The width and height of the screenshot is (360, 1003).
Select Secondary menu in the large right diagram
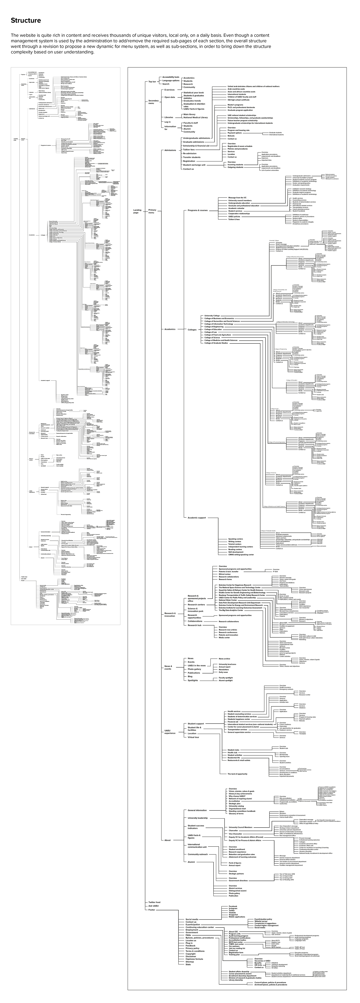(x=153, y=102)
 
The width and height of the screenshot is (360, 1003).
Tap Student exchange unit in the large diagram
(x=194, y=165)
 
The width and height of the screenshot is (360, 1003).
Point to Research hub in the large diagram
(x=194, y=625)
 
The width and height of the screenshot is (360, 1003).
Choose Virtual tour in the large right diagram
(x=193, y=737)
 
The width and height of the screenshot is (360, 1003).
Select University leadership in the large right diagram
(x=197, y=818)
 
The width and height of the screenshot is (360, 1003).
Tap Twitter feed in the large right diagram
(x=154, y=902)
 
